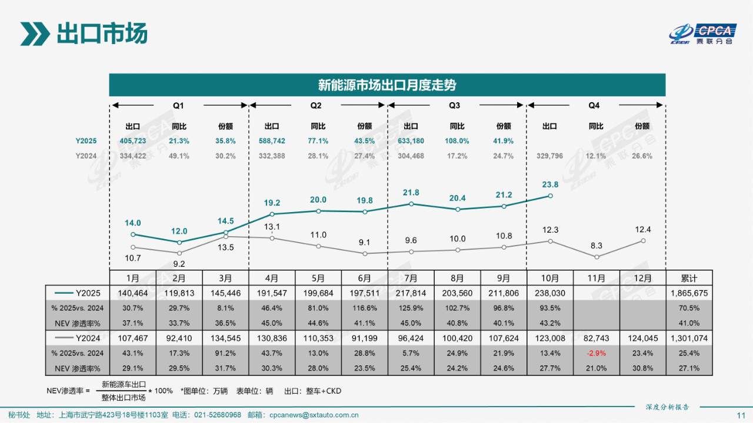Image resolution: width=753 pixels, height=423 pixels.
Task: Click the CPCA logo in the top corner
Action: (x=705, y=34)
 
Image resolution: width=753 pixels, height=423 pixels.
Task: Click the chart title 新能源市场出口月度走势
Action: (x=387, y=85)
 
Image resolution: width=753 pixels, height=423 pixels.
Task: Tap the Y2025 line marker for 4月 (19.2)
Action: (x=272, y=214)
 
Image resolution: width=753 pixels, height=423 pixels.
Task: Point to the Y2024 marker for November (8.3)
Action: (x=597, y=257)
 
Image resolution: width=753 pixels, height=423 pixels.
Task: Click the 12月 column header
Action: (x=643, y=278)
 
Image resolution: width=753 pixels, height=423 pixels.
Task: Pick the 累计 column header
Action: (x=689, y=278)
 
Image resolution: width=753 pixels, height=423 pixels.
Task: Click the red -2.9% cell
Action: (x=597, y=354)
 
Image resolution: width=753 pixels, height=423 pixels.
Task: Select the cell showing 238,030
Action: (x=550, y=293)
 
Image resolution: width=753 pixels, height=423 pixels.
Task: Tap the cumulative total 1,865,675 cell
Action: (x=689, y=293)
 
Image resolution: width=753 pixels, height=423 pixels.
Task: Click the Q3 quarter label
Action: (x=455, y=106)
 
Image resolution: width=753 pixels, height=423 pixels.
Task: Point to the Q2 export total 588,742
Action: (x=272, y=141)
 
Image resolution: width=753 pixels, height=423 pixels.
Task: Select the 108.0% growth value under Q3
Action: (x=457, y=141)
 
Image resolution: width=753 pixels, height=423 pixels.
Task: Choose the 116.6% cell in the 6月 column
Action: (x=365, y=308)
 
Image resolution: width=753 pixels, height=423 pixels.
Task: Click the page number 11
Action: (x=741, y=415)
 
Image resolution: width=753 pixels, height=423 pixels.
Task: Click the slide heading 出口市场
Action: (x=101, y=33)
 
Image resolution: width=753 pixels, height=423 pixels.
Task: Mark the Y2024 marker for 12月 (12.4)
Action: (x=643, y=240)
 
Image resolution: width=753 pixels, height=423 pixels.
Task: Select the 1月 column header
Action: (x=133, y=278)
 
